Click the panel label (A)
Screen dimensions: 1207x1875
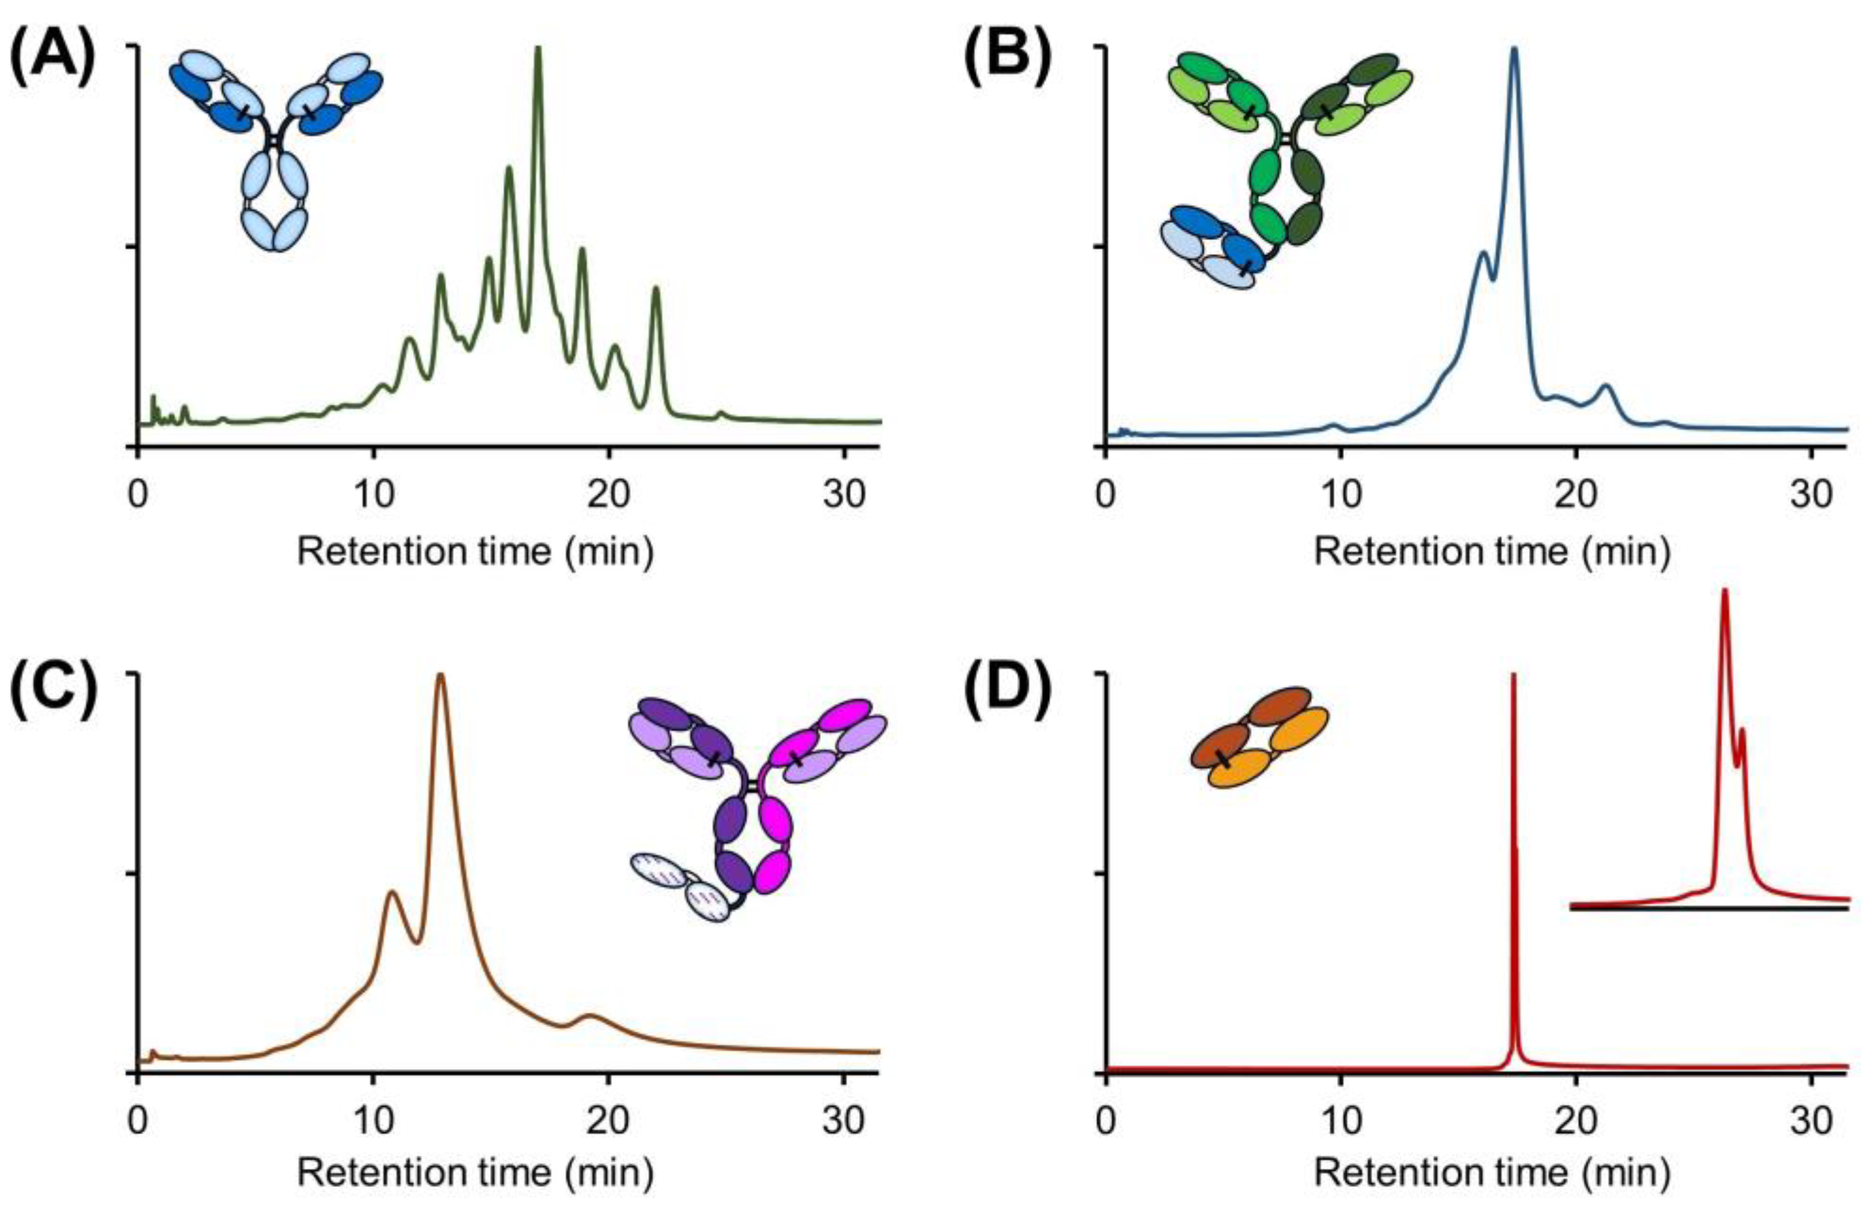(x=53, y=63)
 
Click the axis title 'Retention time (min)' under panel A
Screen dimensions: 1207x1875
(x=475, y=551)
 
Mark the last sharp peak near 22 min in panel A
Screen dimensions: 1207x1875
(x=656, y=290)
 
